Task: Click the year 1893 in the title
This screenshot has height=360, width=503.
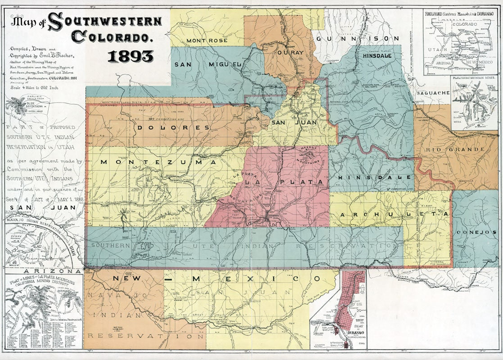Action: click(131, 56)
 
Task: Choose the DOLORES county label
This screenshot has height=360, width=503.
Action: click(173, 127)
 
